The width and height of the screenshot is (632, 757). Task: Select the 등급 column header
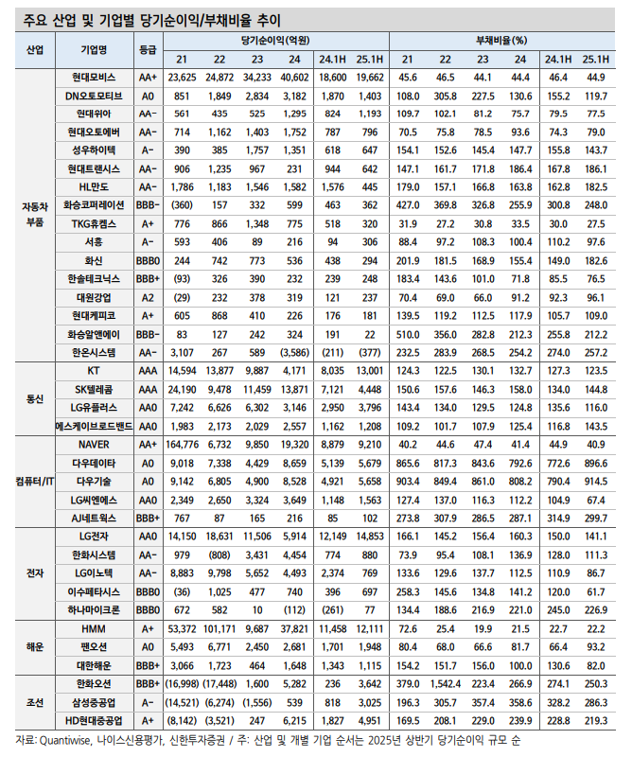(148, 49)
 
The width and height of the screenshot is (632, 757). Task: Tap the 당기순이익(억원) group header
(275, 40)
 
